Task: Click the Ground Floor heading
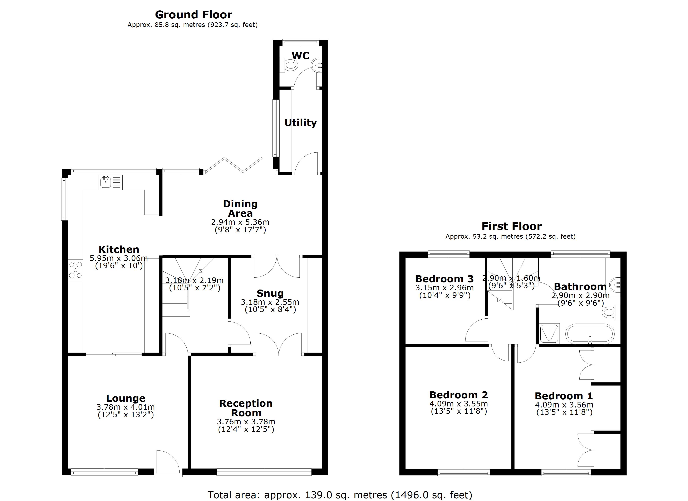(x=193, y=15)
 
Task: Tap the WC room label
(x=300, y=56)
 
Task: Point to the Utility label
(x=300, y=123)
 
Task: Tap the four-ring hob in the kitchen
(x=75, y=270)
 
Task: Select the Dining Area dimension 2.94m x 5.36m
(x=240, y=222)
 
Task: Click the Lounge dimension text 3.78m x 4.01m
(x=126, y=407)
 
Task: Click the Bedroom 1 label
(x=564, y=396)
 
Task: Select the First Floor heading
(x=511, y=226)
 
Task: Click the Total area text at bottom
(x=340, y=495)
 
